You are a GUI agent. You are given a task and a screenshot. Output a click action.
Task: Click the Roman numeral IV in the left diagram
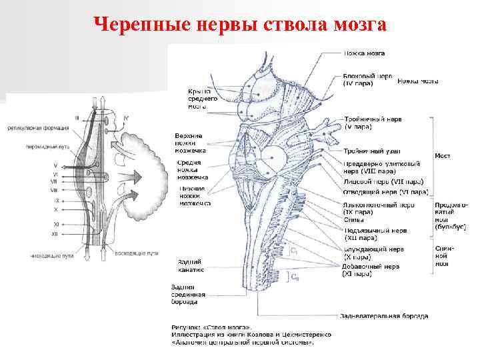pos(126,118)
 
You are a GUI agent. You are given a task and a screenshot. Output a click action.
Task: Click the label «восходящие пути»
pos(136,254)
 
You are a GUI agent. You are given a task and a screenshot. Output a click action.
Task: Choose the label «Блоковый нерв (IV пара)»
pos(367,79)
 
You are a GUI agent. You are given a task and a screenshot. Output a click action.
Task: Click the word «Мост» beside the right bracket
pos(442,155)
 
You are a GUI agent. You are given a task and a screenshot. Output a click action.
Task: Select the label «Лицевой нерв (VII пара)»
pos(382,181)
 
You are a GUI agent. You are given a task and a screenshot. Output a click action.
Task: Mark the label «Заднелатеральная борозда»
pos(384,315)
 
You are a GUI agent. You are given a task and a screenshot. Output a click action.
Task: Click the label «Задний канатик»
pos(190,265)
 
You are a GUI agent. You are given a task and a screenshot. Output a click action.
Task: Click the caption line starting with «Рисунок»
pos(209,328)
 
